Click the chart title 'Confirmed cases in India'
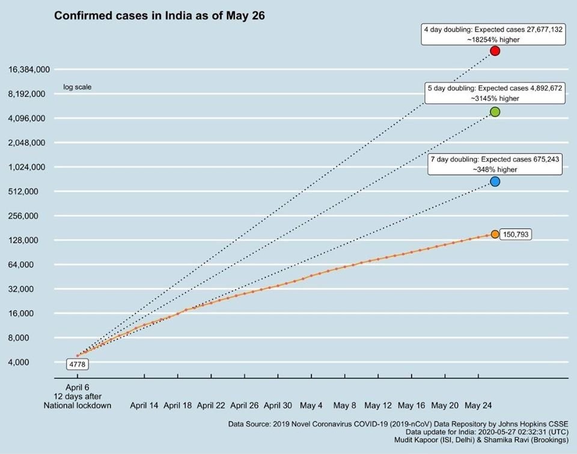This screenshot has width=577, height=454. (x=159, y=16)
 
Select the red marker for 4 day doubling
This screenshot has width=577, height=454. (x=495, y=51)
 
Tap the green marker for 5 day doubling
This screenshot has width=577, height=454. (x=495, y=112)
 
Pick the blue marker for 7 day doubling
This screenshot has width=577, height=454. (x=495, y=181)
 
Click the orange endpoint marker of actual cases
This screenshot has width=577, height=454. (x=495, y=234)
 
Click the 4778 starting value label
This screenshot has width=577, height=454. (x=77, y=364)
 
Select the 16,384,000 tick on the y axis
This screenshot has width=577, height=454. (x=29, y=70)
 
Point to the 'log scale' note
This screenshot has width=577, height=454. (x=77, y=87)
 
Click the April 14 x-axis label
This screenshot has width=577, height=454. (x=144, y=405)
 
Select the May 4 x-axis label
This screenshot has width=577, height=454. (x=311, y=405)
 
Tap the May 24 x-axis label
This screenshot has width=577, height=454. (x=478, y=405)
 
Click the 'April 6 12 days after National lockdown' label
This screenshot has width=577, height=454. (x=77, y=396)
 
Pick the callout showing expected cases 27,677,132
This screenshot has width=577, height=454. (x=493, y=34)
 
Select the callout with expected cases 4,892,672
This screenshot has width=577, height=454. (x=495, y=93)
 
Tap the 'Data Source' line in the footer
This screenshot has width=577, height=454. (x=398, y=424)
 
